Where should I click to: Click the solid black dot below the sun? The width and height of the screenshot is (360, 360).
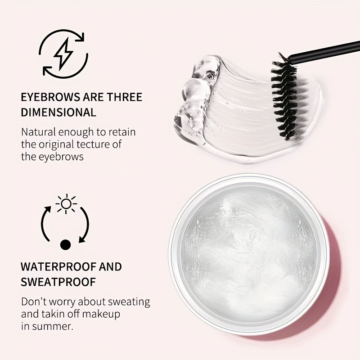coord(66,244)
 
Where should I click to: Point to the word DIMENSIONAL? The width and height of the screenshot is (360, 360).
coord(58,112)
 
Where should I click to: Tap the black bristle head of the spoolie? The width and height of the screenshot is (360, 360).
coord(283,95)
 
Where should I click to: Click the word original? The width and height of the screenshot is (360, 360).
coord(59,144)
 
